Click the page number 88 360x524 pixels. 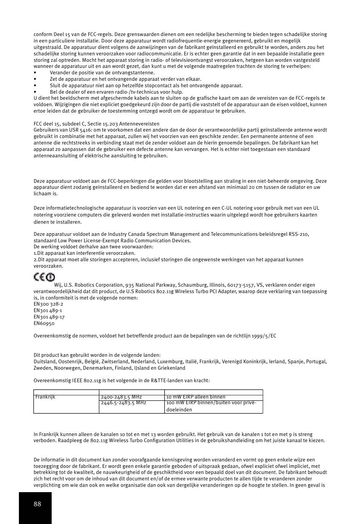pos(37,504)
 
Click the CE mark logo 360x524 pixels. pos(44,277)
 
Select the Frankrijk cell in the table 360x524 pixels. pos(45,397)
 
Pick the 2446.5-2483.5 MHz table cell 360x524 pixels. pos(124,403)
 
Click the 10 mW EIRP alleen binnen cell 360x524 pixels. pos(196,397)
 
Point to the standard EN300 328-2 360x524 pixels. pos(49,304)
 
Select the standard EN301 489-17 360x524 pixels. pos(49,317)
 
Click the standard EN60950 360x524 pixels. pos(44,323)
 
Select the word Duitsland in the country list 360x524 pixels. pos(45,362)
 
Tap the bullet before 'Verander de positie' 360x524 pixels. pos(35,73)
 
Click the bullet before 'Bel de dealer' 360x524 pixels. pos(35,92)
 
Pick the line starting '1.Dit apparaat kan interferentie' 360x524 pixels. pos(85,253)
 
